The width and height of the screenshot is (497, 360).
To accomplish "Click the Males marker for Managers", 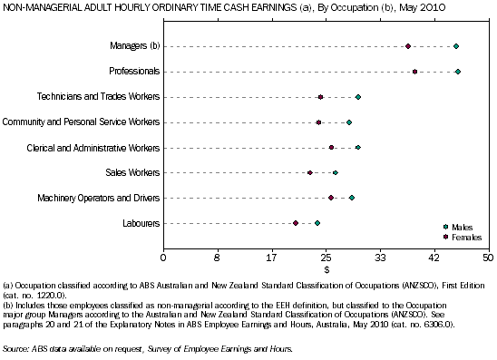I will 456,46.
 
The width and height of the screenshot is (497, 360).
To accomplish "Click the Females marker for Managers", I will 408,46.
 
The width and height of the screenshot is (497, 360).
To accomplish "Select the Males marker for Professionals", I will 458,72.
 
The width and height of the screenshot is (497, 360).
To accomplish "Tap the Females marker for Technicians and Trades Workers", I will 320,97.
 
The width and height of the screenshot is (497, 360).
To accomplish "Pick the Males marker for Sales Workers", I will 336,172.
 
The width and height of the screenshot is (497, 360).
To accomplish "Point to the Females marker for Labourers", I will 296,223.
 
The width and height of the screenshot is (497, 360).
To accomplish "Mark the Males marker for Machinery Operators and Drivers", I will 352,198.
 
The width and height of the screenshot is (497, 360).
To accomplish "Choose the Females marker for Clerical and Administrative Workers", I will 331,147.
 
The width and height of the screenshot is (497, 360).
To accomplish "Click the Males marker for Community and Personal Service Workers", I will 349,122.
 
